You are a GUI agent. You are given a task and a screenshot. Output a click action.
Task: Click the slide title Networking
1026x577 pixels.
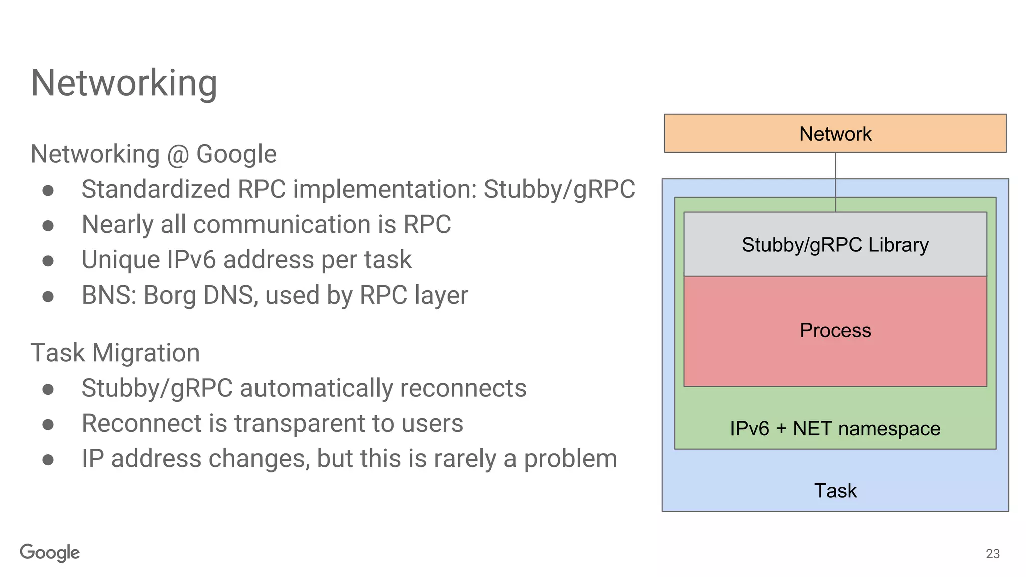point(124,83)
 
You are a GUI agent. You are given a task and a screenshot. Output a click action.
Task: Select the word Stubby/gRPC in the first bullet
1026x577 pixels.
point(559,190)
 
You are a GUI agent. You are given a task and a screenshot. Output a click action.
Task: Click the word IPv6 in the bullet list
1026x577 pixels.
point(191,260)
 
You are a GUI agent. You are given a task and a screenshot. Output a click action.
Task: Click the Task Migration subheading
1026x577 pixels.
point(115,353)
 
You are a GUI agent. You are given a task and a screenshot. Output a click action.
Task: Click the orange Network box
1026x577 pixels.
point(835,134)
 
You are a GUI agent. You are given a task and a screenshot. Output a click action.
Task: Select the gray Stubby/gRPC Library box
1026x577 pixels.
point(835,245)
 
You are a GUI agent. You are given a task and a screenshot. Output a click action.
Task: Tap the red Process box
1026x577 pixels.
point(835,331)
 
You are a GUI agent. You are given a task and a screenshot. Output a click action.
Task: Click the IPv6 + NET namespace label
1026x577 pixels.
point(835,429)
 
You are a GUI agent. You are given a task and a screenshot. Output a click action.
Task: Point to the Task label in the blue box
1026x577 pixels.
point(835,491)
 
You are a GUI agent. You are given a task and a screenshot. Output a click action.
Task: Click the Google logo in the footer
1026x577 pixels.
point(50,553)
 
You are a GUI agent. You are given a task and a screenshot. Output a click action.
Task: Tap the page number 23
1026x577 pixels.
point(992,554)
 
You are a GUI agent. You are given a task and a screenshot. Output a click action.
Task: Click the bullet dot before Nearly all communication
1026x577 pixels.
point(48,226)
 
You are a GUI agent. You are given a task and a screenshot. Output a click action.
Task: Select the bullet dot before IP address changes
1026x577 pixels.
point(48,460)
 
